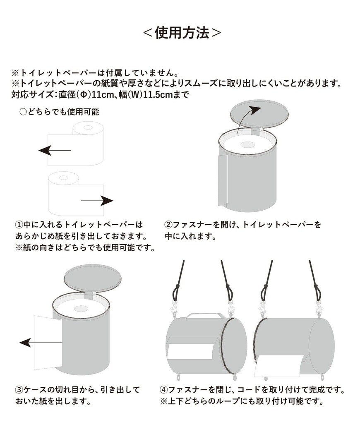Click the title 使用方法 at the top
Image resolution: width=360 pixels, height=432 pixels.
pyautogui.click(x=182, y=33)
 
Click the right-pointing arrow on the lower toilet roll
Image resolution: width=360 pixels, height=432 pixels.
pyautogui.click(x=97, y=201)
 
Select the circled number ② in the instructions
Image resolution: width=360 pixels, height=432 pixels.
pyautogui.click(x=168, y=225)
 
